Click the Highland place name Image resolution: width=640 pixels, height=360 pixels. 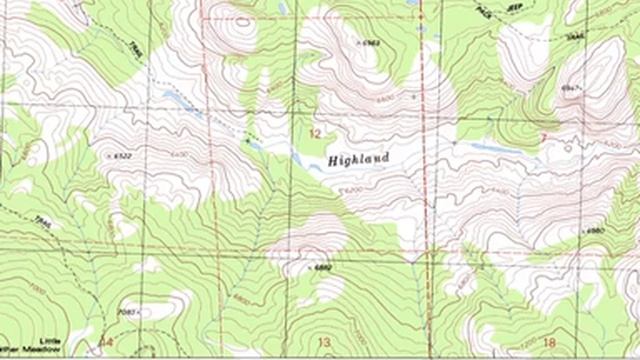(356, 158)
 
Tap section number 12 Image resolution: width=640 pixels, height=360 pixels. (317, 133)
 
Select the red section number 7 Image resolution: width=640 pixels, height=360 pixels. (543, 135)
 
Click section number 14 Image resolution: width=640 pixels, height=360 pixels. (105, 342)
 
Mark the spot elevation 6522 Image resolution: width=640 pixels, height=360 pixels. (123, 156)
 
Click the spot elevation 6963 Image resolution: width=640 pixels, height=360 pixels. (371, 44)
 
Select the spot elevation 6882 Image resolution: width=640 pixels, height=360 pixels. (321, 268)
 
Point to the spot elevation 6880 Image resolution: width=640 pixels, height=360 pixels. (594, 231)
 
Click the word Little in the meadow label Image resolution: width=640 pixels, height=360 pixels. (50, 341)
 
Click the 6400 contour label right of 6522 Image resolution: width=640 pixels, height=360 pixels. (181, 155)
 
